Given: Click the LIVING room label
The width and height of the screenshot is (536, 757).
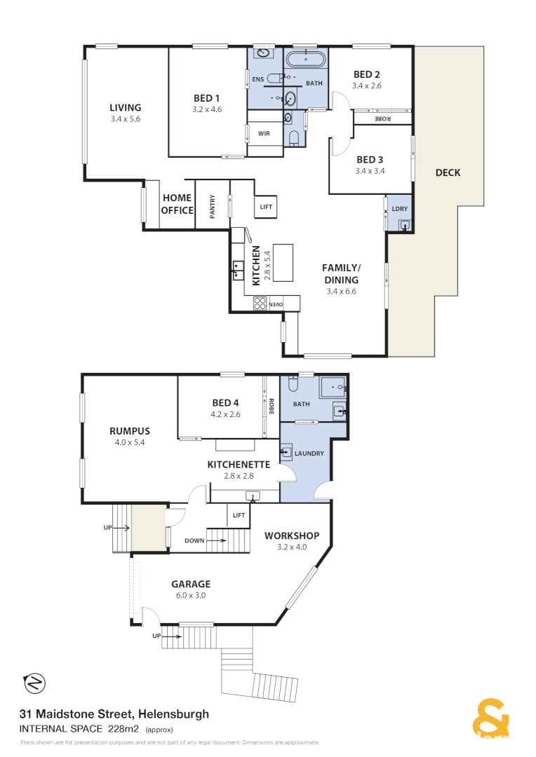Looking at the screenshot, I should click(125, 108).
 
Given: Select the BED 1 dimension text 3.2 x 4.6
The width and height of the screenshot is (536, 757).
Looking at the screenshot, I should click(207, 109).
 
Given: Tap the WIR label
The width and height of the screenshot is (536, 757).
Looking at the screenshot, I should click(264, 133).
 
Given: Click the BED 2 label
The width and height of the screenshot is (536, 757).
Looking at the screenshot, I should click(366, 75).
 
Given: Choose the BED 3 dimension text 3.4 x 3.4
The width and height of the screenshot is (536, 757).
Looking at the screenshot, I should click(370, 170).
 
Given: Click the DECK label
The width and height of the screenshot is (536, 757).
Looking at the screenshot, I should click(448, 172).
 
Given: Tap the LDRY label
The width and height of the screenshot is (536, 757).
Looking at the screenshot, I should click(400, 209).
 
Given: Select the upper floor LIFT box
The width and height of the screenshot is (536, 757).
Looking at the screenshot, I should click(266, 206).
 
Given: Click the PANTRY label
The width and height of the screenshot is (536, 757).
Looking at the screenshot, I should click(213, 205).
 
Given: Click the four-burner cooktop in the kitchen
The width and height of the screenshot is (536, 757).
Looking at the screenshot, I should click(260, 304).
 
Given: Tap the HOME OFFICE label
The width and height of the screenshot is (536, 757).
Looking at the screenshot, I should click(177, 204).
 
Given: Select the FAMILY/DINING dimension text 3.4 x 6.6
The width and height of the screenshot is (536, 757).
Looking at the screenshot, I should click(342, 291).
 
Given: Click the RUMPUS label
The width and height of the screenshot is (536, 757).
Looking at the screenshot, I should click(130, 431).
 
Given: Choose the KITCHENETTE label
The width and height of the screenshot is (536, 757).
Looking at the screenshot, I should click(239, 464).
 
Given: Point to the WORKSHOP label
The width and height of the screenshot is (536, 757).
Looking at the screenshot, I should click(292, 536).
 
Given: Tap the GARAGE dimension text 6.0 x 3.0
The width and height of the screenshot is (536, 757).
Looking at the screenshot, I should click(191, 595).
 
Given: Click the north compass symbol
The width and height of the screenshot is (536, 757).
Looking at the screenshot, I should click(34, 682).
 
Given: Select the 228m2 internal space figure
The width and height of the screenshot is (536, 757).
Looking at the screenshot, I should click(125, 729).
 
